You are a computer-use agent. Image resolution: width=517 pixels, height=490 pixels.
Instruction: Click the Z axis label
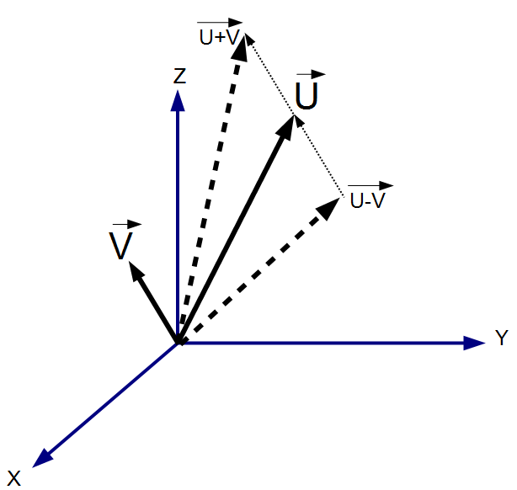179,77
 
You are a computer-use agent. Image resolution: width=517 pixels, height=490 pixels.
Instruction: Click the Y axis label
501,338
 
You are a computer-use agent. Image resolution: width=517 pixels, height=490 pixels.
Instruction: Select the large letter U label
307,98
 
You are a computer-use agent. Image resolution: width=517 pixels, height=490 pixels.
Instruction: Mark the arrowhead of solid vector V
132,270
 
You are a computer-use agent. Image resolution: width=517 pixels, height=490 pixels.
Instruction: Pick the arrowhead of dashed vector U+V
242,49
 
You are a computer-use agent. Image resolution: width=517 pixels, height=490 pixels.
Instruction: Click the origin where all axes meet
179,343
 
